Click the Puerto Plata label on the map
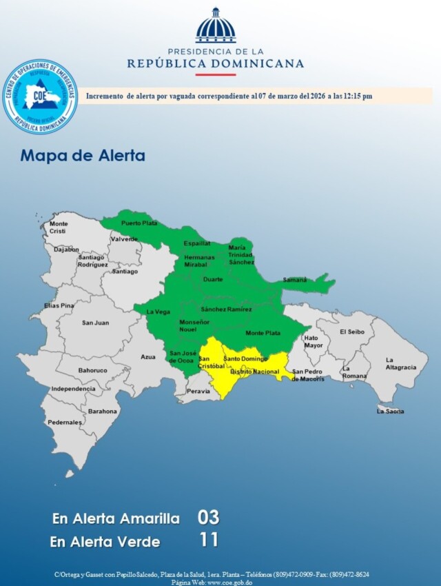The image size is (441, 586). click(x=139, y=223)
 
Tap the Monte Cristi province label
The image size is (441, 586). click(x=59, y=228)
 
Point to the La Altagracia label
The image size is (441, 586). click(x=400, y=363)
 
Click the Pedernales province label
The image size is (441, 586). click(x=64, y=422)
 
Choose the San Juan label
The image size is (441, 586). click(x=95, y=323)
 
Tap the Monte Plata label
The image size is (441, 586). click(x=263, y=333)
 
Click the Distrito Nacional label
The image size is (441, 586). click(x=254, y=372)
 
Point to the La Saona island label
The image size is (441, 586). click(x=390, y=411)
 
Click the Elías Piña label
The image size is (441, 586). click(x=59, y=305)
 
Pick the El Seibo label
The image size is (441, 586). click(x=351, y=332)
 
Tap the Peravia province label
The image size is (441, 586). click(x=198, y=391)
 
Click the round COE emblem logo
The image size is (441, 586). click(x=40, y=97)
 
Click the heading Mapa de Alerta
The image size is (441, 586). click(x=83, y=155)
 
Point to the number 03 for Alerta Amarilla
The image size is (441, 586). click(x=208, y=517)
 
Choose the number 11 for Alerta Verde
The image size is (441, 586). click(x=208, y=540)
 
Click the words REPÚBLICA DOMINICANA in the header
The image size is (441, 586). click(x=215, y=63)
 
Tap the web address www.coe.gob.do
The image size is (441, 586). click(x=229, y=582)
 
